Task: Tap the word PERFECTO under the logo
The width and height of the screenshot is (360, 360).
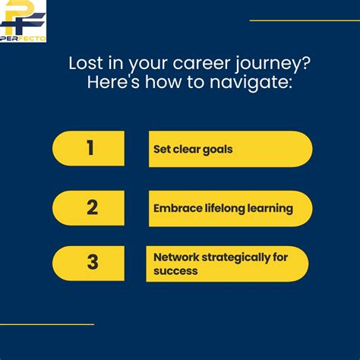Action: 23,38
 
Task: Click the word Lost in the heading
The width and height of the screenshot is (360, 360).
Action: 84,64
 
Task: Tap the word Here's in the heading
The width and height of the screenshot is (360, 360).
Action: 113,83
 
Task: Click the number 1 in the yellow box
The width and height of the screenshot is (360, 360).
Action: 90,148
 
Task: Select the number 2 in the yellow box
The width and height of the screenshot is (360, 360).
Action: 92,207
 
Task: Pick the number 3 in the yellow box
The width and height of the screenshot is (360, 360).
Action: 92,263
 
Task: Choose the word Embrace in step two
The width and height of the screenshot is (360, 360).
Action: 178,208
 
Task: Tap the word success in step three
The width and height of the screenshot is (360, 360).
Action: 175,270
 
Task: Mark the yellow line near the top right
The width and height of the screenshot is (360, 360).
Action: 305,21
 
